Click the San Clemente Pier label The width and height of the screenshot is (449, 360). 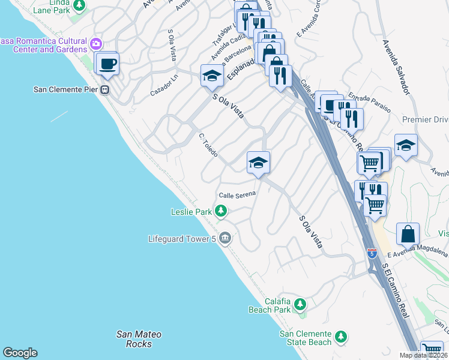tap(66, 90)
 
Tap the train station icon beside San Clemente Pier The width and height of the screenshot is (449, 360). tap(104, 90)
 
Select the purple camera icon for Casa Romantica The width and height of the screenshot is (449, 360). tap(95, 43)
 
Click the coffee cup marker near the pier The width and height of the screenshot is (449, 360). tap(108, 64)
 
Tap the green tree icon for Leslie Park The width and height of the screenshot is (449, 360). tap(221, 211)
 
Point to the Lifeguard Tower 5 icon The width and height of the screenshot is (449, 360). tap(224, 239)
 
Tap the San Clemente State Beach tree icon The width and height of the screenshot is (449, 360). tap(341, 337)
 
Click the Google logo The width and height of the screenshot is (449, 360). tap(20, 352)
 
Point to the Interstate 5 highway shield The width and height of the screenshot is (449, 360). tap(372, 253)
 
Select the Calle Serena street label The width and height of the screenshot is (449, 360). tap(237, 194)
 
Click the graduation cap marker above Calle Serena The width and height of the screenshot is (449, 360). tap(258, 163)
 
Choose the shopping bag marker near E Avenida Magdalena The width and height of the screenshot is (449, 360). tap(408, 234)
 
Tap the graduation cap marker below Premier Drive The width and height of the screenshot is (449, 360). tap(406, 145)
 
